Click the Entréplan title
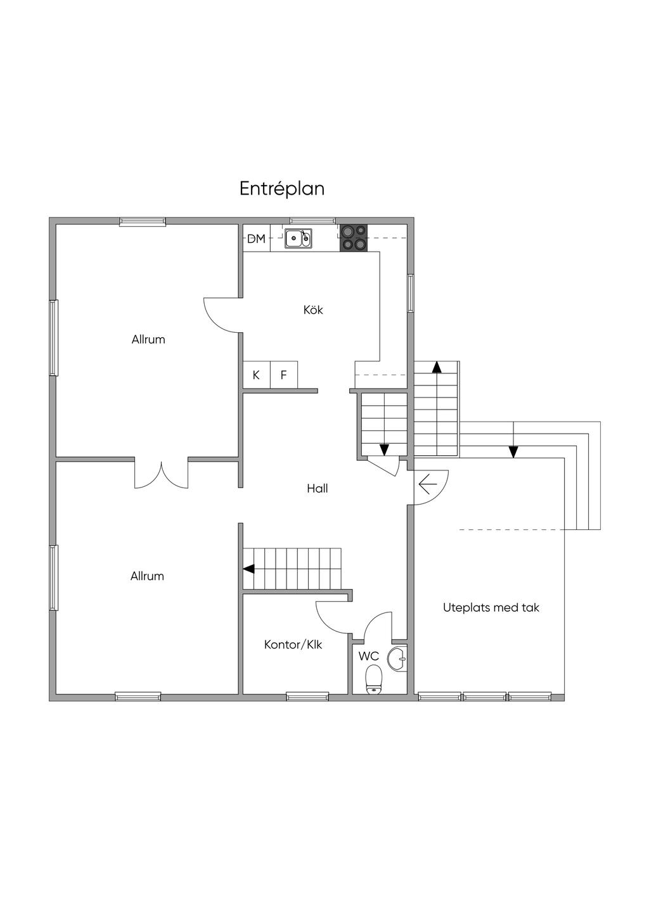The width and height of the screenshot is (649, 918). tap(282, 189)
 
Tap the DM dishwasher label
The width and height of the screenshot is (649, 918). tap(257, 238)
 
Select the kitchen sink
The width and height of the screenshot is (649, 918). tap(299, 238)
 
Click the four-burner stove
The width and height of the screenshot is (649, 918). tap(354, 238)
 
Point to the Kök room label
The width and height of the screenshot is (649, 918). tap(313, 310)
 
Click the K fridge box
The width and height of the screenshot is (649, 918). tap(257, 375)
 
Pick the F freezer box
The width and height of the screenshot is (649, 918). tap(283, 375)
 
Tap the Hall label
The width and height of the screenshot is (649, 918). tap(318, 489)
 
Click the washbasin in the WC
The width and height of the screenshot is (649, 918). tap(397, 659)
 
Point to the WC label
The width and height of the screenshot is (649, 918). tap(368, 656)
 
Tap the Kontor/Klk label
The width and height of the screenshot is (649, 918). tap(293, 645)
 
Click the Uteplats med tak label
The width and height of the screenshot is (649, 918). tap(491, 607)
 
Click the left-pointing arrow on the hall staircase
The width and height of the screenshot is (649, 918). tap(248, 569)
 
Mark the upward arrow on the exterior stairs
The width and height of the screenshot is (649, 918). tap(437, 367)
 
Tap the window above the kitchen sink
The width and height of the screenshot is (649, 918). tap(313, 221)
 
